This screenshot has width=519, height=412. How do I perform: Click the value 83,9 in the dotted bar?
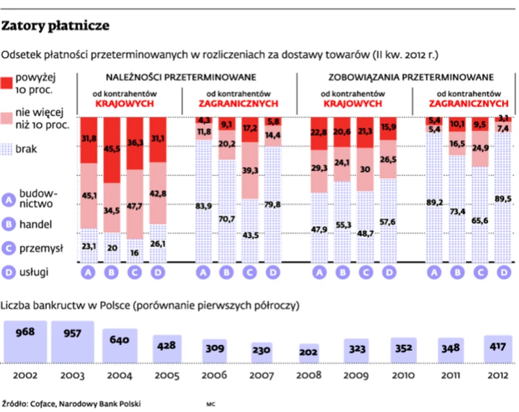click(x=204, y=206)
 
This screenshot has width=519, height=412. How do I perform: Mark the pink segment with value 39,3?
click(x=251, y=170)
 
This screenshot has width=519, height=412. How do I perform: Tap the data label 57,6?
click(x=388, y=222)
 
